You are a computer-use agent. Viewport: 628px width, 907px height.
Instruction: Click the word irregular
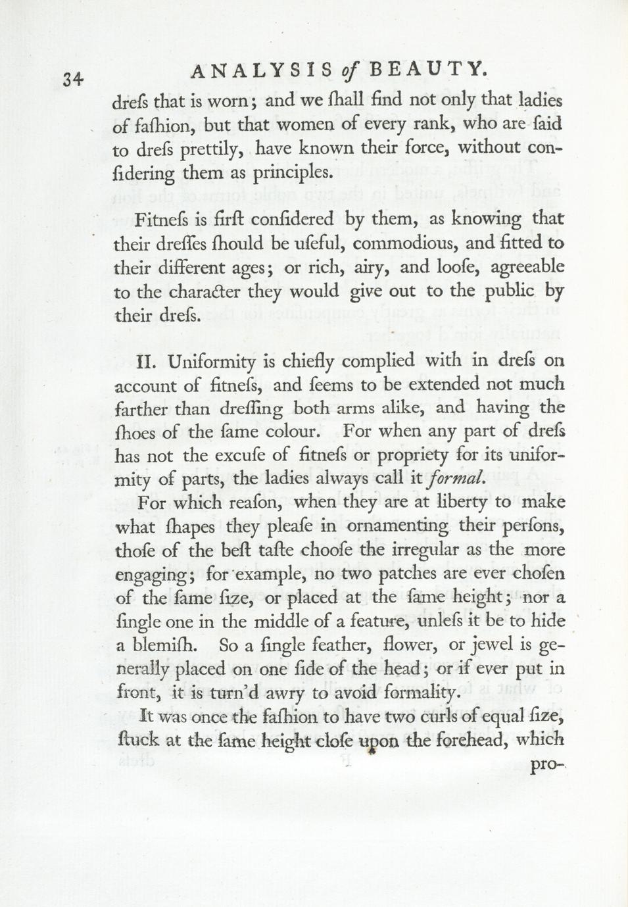[428, 549]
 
